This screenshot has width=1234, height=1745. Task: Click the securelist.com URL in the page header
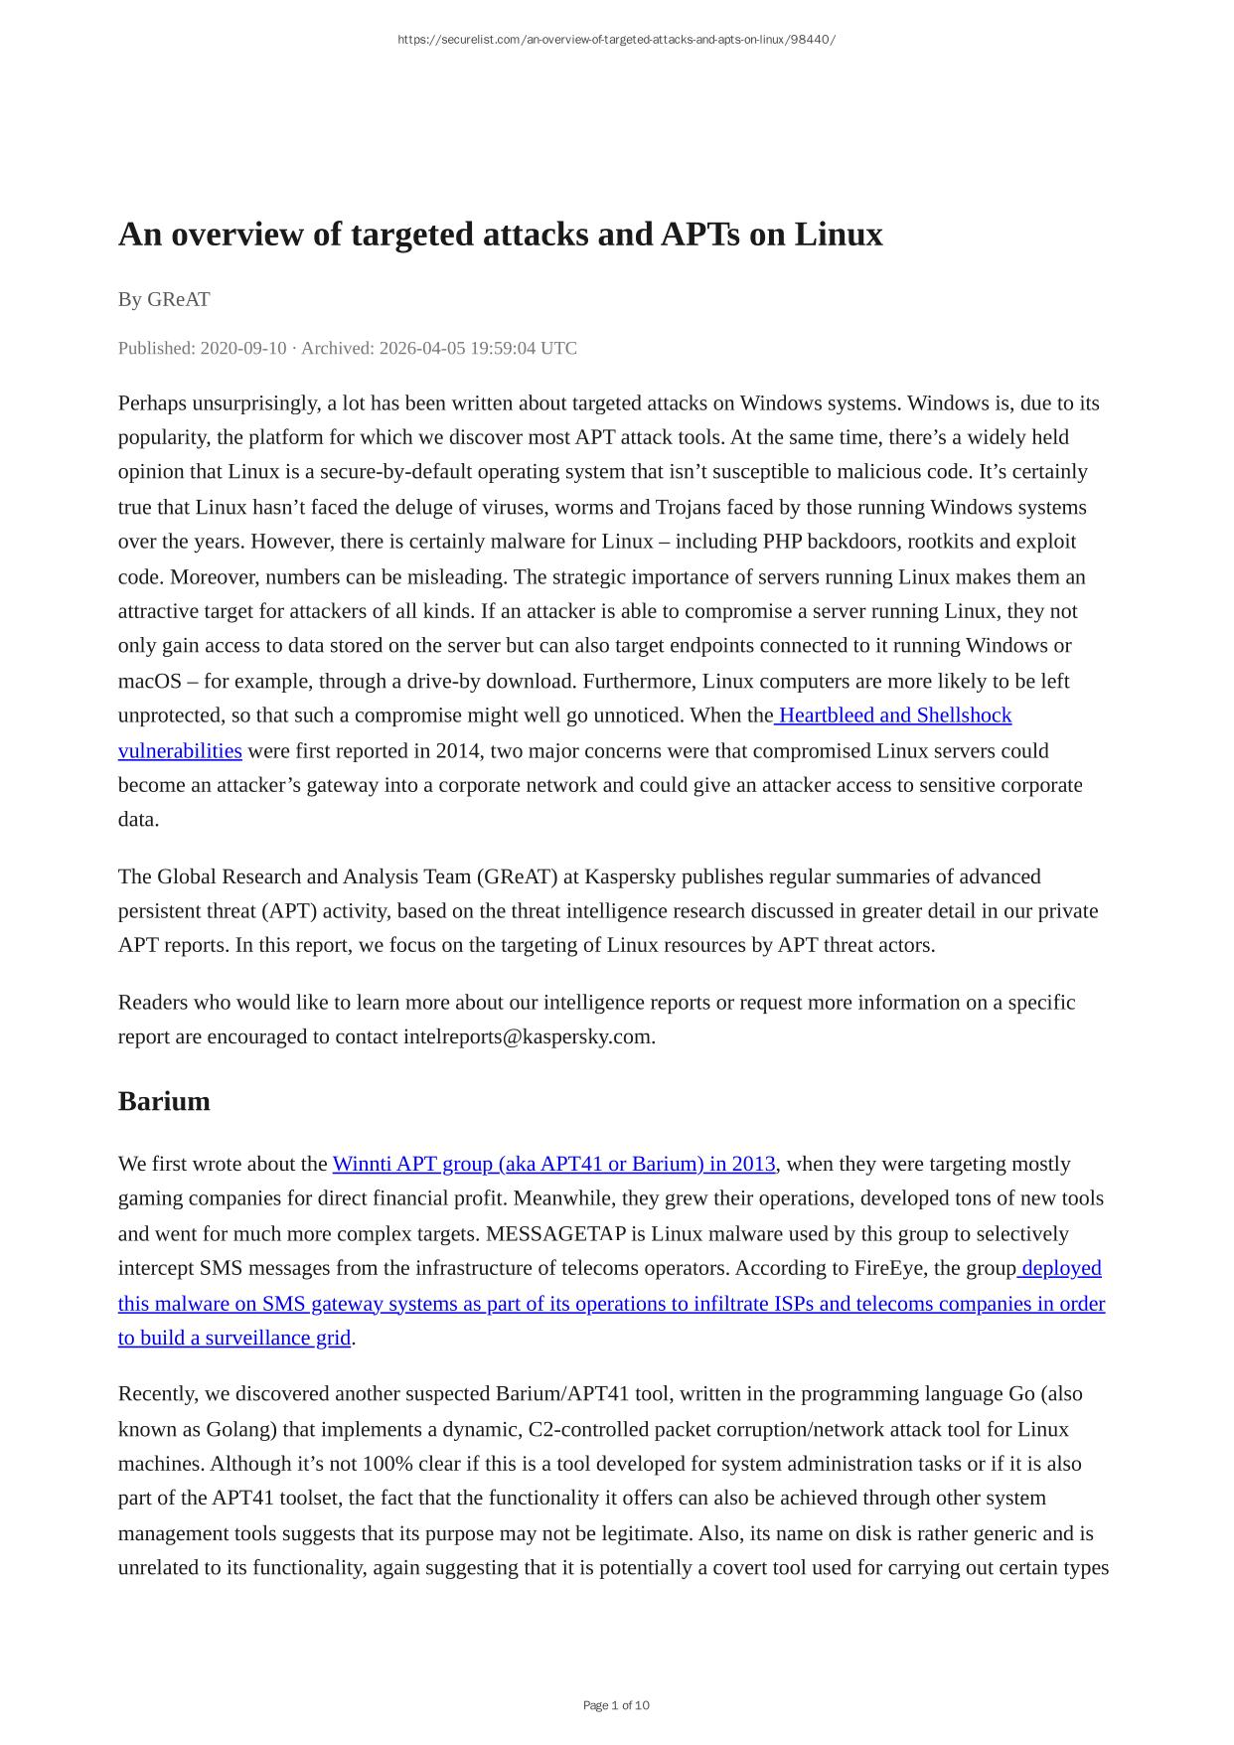click(616, 40)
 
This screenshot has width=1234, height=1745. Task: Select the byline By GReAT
click(164, 299)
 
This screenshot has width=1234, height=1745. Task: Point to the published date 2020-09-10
click(243, 348)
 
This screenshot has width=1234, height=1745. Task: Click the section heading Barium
click(164, 1101)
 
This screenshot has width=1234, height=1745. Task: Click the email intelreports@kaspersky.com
click(527, 1036)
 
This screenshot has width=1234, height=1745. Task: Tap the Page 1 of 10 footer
click(616, 1705)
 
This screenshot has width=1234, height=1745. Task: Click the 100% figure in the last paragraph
click(347, 1464)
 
